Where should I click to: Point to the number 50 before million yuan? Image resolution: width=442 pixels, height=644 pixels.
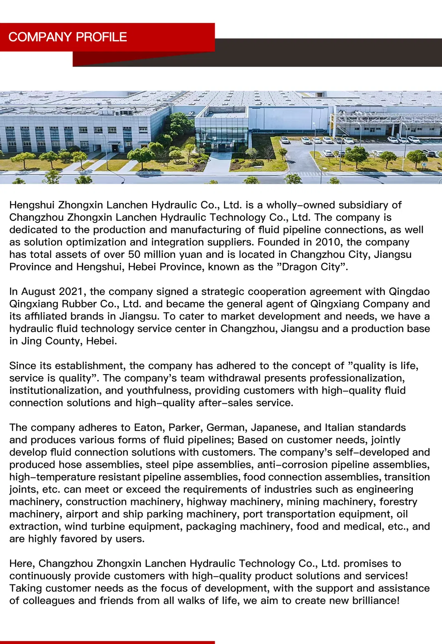pyautogui.click(x=134, y=255)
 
